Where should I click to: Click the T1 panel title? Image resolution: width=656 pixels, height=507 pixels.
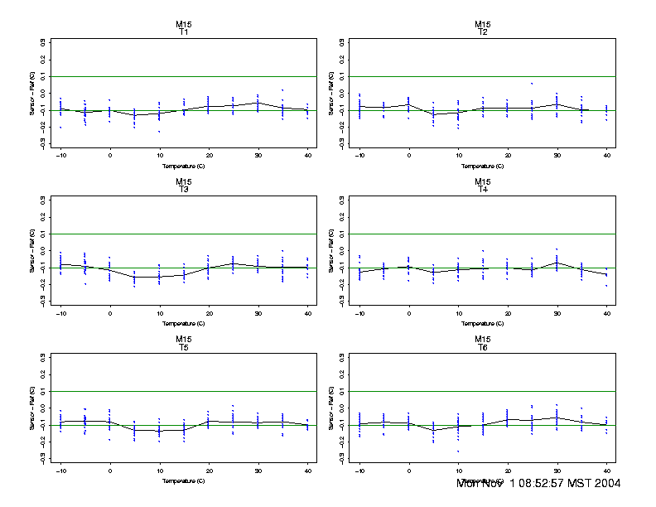(183, 31)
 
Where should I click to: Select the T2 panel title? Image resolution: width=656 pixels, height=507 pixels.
(483, 31)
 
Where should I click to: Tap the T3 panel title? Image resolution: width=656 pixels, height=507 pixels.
(183, 189)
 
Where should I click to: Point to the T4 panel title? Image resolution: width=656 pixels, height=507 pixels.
(483, 189)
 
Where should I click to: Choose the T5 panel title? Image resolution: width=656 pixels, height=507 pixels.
(183, 346)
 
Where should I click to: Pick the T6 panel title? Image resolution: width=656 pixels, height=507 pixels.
(483, 346)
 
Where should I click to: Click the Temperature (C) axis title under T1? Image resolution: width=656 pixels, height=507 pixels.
(183, 166)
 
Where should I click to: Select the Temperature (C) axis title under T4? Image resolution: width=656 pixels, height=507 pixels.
(483, 323)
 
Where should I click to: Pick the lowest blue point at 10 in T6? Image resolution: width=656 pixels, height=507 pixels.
(458, 451)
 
